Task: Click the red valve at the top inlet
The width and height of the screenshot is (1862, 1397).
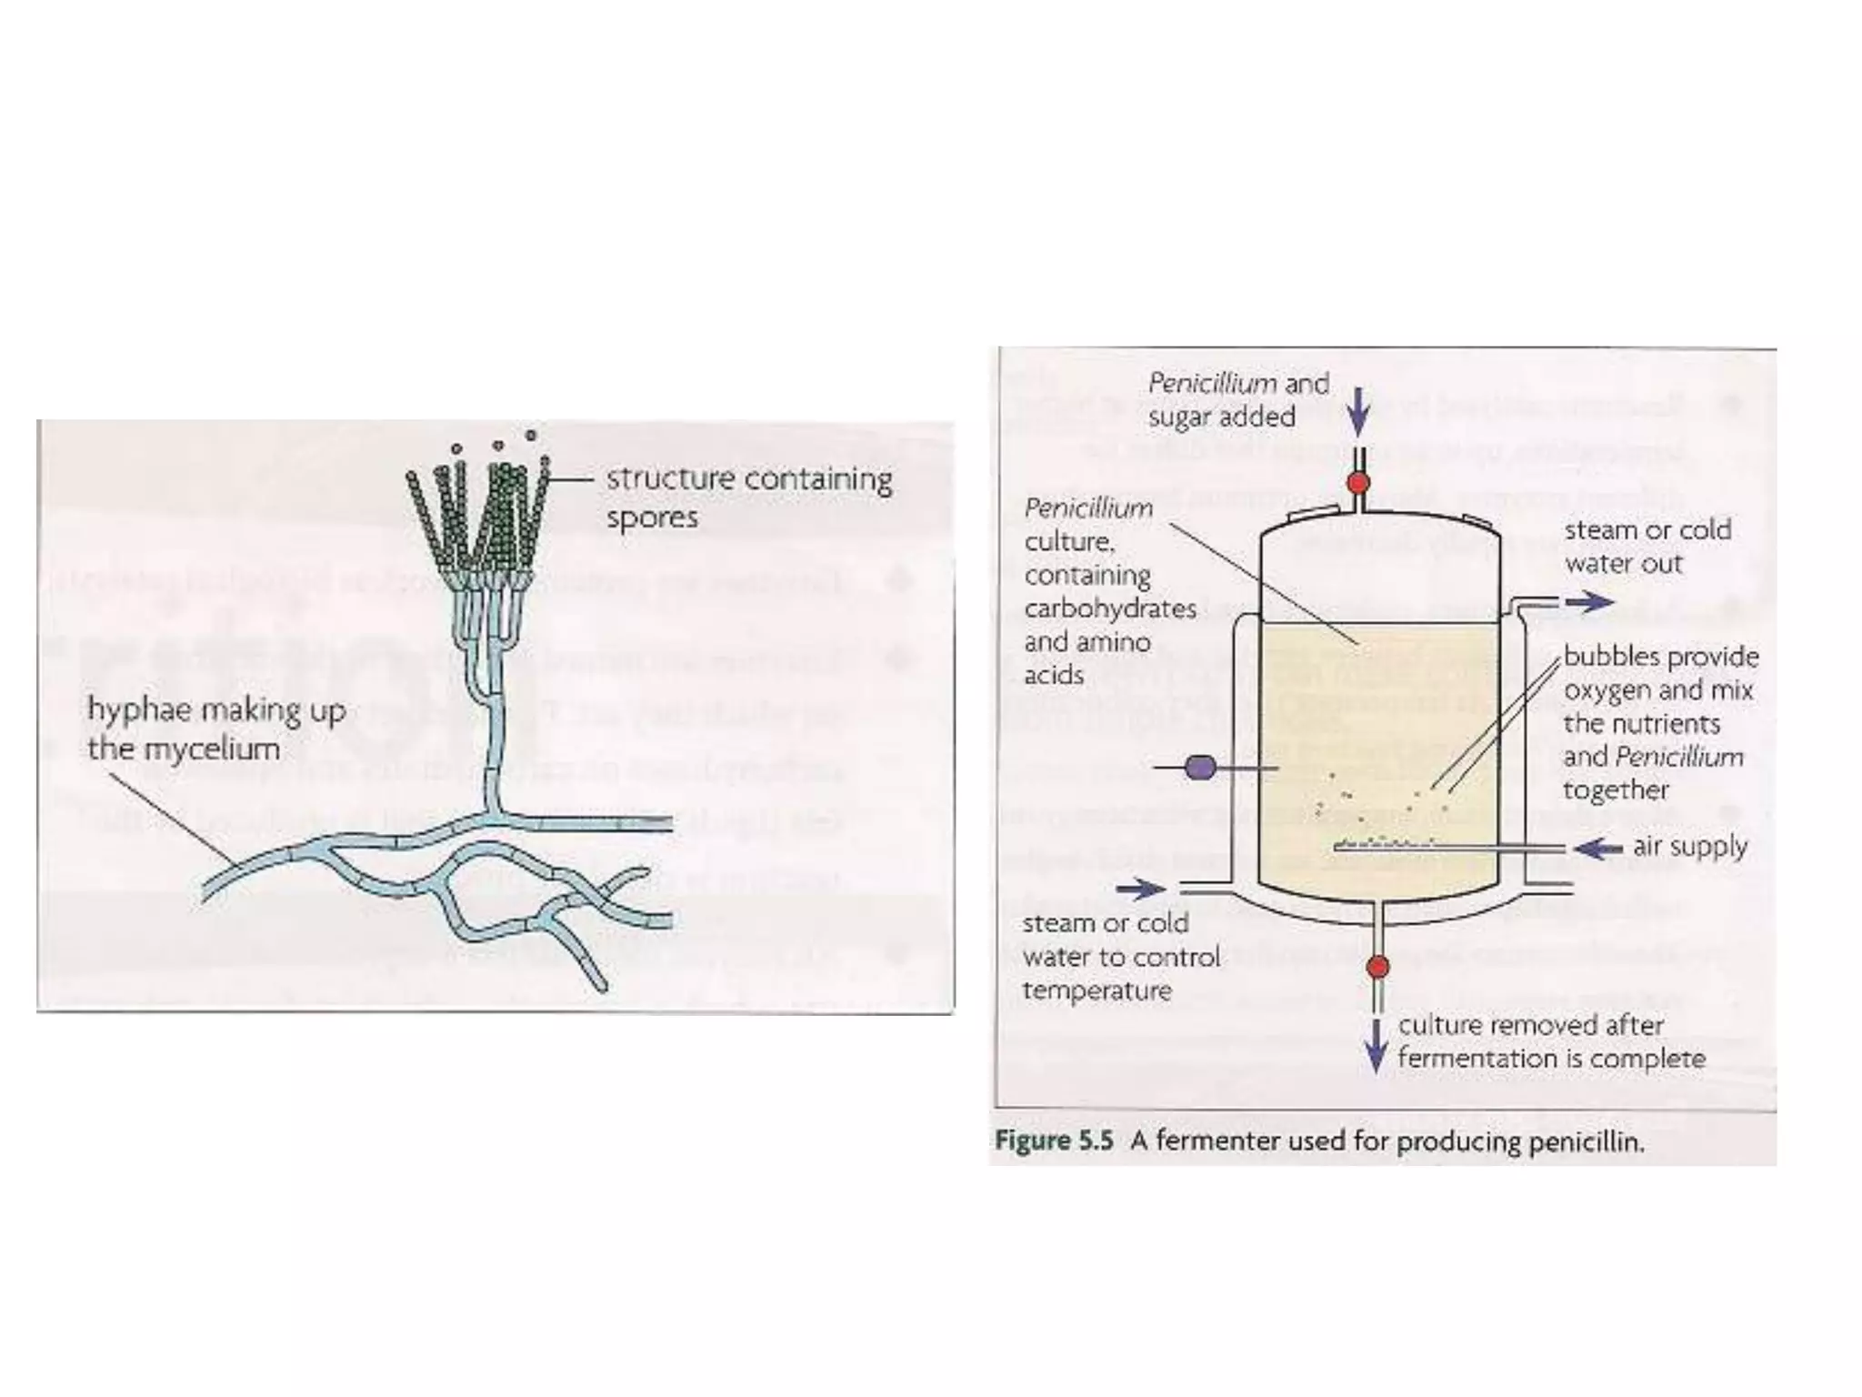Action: tap(1357, 482)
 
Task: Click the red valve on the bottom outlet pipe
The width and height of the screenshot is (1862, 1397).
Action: tap(1377, 966)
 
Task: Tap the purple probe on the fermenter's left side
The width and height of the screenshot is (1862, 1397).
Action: tap(1200, 769)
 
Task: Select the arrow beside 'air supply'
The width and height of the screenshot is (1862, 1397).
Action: tap(1598, 849)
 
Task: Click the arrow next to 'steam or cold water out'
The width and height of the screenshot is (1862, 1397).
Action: tap(1589, 602)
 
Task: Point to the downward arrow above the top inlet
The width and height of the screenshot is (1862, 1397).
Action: tap(1358, 412)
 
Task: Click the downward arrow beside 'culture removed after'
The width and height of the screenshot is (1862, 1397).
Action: tap(1376, 1046)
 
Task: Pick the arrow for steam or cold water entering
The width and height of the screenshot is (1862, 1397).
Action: tap(1141, 889)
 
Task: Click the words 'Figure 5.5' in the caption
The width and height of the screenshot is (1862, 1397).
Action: tap(1054, 1141)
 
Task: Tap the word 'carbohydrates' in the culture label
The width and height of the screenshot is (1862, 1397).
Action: tap(1109, 608)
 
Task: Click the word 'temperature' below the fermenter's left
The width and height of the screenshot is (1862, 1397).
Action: tap(1096, 990)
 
